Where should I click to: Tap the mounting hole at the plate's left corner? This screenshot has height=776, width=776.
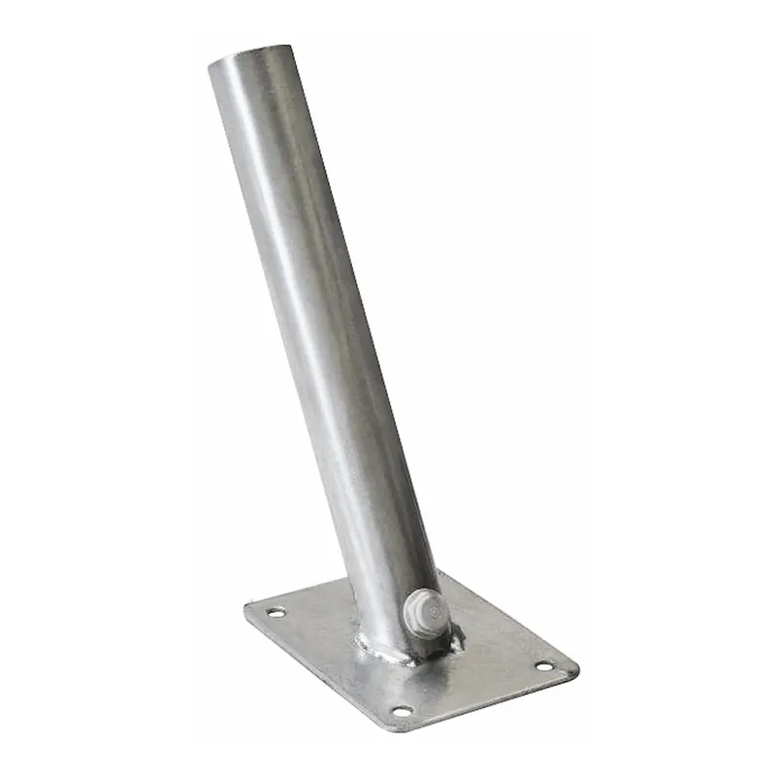click(x=276, y=613)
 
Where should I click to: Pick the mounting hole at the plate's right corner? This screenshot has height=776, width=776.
click(x=543, y=666)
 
